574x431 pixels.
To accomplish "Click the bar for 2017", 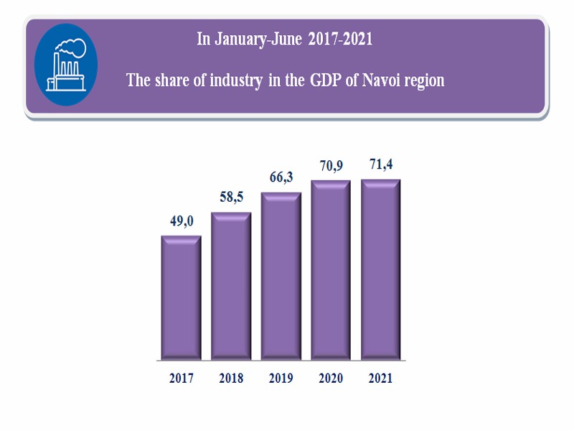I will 181,298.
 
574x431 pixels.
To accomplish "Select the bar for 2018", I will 230,287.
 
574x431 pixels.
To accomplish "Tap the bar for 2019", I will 281,277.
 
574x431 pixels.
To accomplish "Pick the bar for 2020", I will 330,270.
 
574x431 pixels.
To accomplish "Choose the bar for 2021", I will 380,269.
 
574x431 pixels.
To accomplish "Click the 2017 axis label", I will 181,379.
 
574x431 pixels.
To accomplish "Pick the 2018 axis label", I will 230,379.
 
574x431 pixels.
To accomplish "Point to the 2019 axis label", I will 281,379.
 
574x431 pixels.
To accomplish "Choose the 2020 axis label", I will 330,379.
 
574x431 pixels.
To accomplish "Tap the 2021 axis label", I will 380,379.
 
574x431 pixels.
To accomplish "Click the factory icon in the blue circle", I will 65,65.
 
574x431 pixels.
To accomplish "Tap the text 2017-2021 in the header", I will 340,40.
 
